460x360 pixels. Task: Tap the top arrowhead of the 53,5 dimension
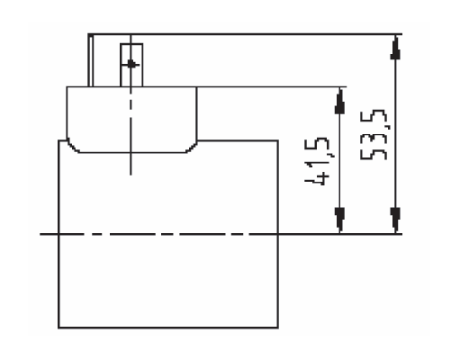(x=395, y=47)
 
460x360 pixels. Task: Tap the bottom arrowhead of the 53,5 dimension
(x=395, y=220)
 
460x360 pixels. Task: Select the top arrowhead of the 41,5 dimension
(x=339, y=101)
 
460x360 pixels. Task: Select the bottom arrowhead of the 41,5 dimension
(x=339, y=220)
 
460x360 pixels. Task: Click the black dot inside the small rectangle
(x=131, y=64)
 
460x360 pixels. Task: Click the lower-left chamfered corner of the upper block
(x=74, y=147)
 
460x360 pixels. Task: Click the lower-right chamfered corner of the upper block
(x=191, y=148)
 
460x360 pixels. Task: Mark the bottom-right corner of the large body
(x=278, y=328)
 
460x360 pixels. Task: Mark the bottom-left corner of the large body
(x=59, y=328)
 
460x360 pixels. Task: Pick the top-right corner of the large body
(x=278, y=140)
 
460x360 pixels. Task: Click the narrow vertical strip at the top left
(x=90, y=60)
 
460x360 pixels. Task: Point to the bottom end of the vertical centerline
(x=131, y=175)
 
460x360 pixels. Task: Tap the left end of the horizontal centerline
(x=41, y=234)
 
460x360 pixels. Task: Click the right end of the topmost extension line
(x=401, y=34)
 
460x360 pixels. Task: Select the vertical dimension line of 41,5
(x=339, y=160)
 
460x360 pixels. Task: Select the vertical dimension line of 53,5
(x=395, y=134)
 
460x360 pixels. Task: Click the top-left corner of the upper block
(x=67, y=87)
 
